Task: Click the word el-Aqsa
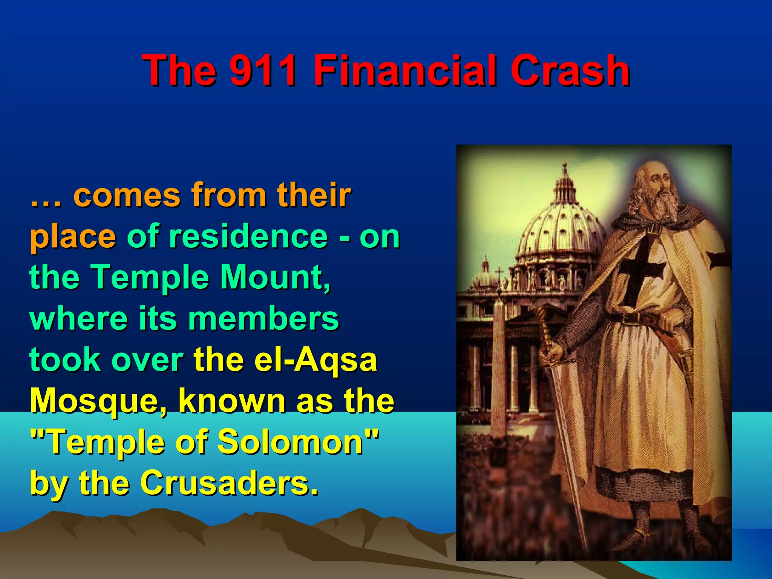point(315,360)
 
